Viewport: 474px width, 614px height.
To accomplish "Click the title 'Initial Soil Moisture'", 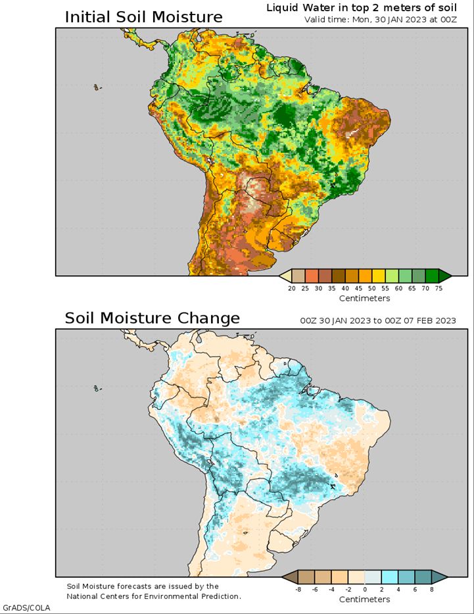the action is click(143, 17).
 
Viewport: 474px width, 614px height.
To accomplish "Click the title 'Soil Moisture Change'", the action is click(152, 318).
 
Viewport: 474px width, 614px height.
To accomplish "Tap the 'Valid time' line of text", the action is click(381, 20).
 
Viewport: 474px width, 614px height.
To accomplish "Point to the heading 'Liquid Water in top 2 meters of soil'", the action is click(362, 8).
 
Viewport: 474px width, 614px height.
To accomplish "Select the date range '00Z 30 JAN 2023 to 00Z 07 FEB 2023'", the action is click(378, 320).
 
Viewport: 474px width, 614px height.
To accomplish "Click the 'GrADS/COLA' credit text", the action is click(26, 608).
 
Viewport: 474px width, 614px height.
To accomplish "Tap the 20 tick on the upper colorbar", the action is click(292, 288).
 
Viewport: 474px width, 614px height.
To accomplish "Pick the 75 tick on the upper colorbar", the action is click(438, 288).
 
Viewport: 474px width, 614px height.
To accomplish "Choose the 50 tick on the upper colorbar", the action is click(372, 288).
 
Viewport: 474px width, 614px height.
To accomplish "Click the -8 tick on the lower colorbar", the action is click(298, 589).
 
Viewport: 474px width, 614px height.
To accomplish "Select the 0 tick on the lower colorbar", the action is click(365, 589).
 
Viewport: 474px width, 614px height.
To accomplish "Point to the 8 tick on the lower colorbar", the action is click(432, 589).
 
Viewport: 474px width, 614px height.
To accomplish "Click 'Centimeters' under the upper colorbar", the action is click(364, 298).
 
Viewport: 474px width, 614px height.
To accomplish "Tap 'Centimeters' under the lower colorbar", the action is click(364, 600).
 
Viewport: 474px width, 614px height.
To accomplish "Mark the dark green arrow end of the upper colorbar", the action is click(444, 276).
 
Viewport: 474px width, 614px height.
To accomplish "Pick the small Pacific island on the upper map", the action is click(97, 88).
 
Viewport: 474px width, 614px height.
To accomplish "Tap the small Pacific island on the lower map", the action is click(97, 388).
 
